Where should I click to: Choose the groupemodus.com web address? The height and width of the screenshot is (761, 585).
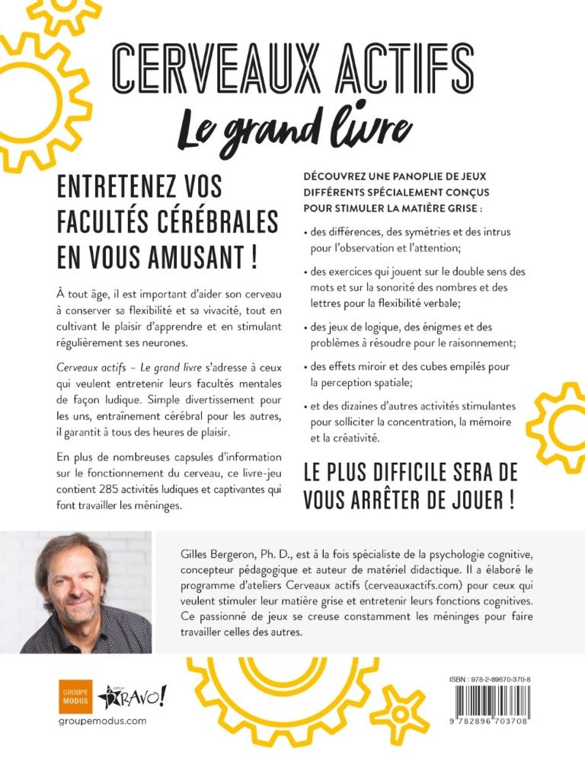pos(102,721)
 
